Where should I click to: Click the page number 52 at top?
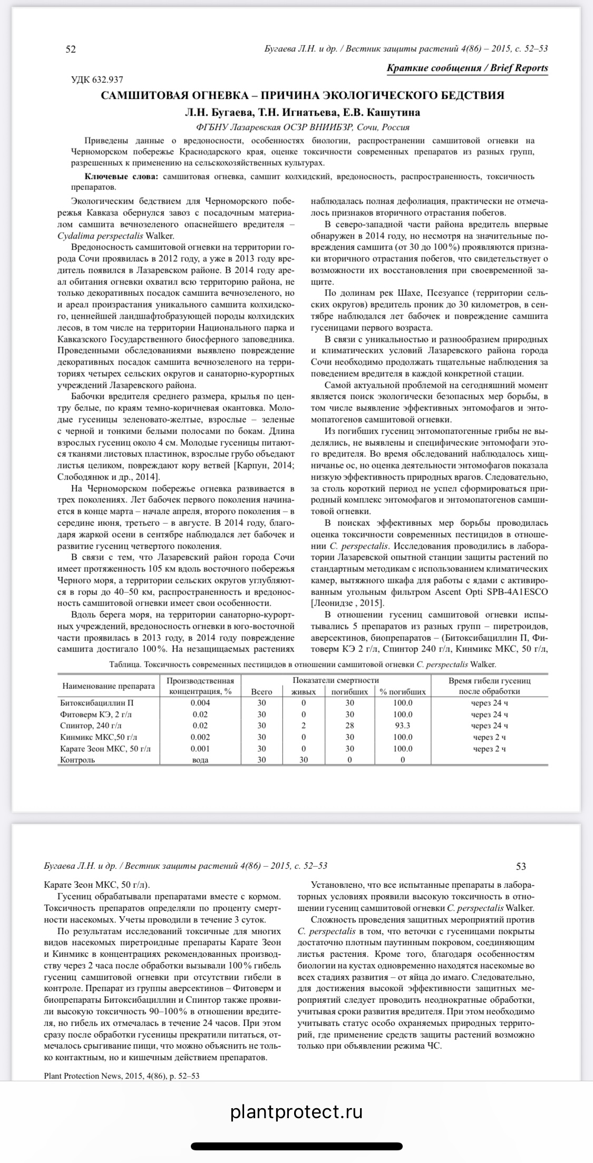tap(71, 50)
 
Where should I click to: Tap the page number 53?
tap(521, 866)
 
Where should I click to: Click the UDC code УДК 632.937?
tap(97, 80)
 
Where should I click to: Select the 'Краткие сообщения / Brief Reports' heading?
tap(467, 68)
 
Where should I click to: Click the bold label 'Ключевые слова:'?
tap(121, 176)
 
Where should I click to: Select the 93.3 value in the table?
tap(403, 726)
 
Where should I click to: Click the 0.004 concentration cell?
tap(200, 703)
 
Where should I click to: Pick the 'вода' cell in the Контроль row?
tap(200, 760)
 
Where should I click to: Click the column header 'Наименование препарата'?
tap(109, 686)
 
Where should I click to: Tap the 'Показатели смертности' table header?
tap(336, 680)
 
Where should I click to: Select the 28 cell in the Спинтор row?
tap(349, 726)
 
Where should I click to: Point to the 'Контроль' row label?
tap(77, 760)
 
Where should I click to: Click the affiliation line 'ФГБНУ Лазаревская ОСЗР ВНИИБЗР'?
tap(274, 127)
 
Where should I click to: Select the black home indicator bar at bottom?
tap(296, 1146)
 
